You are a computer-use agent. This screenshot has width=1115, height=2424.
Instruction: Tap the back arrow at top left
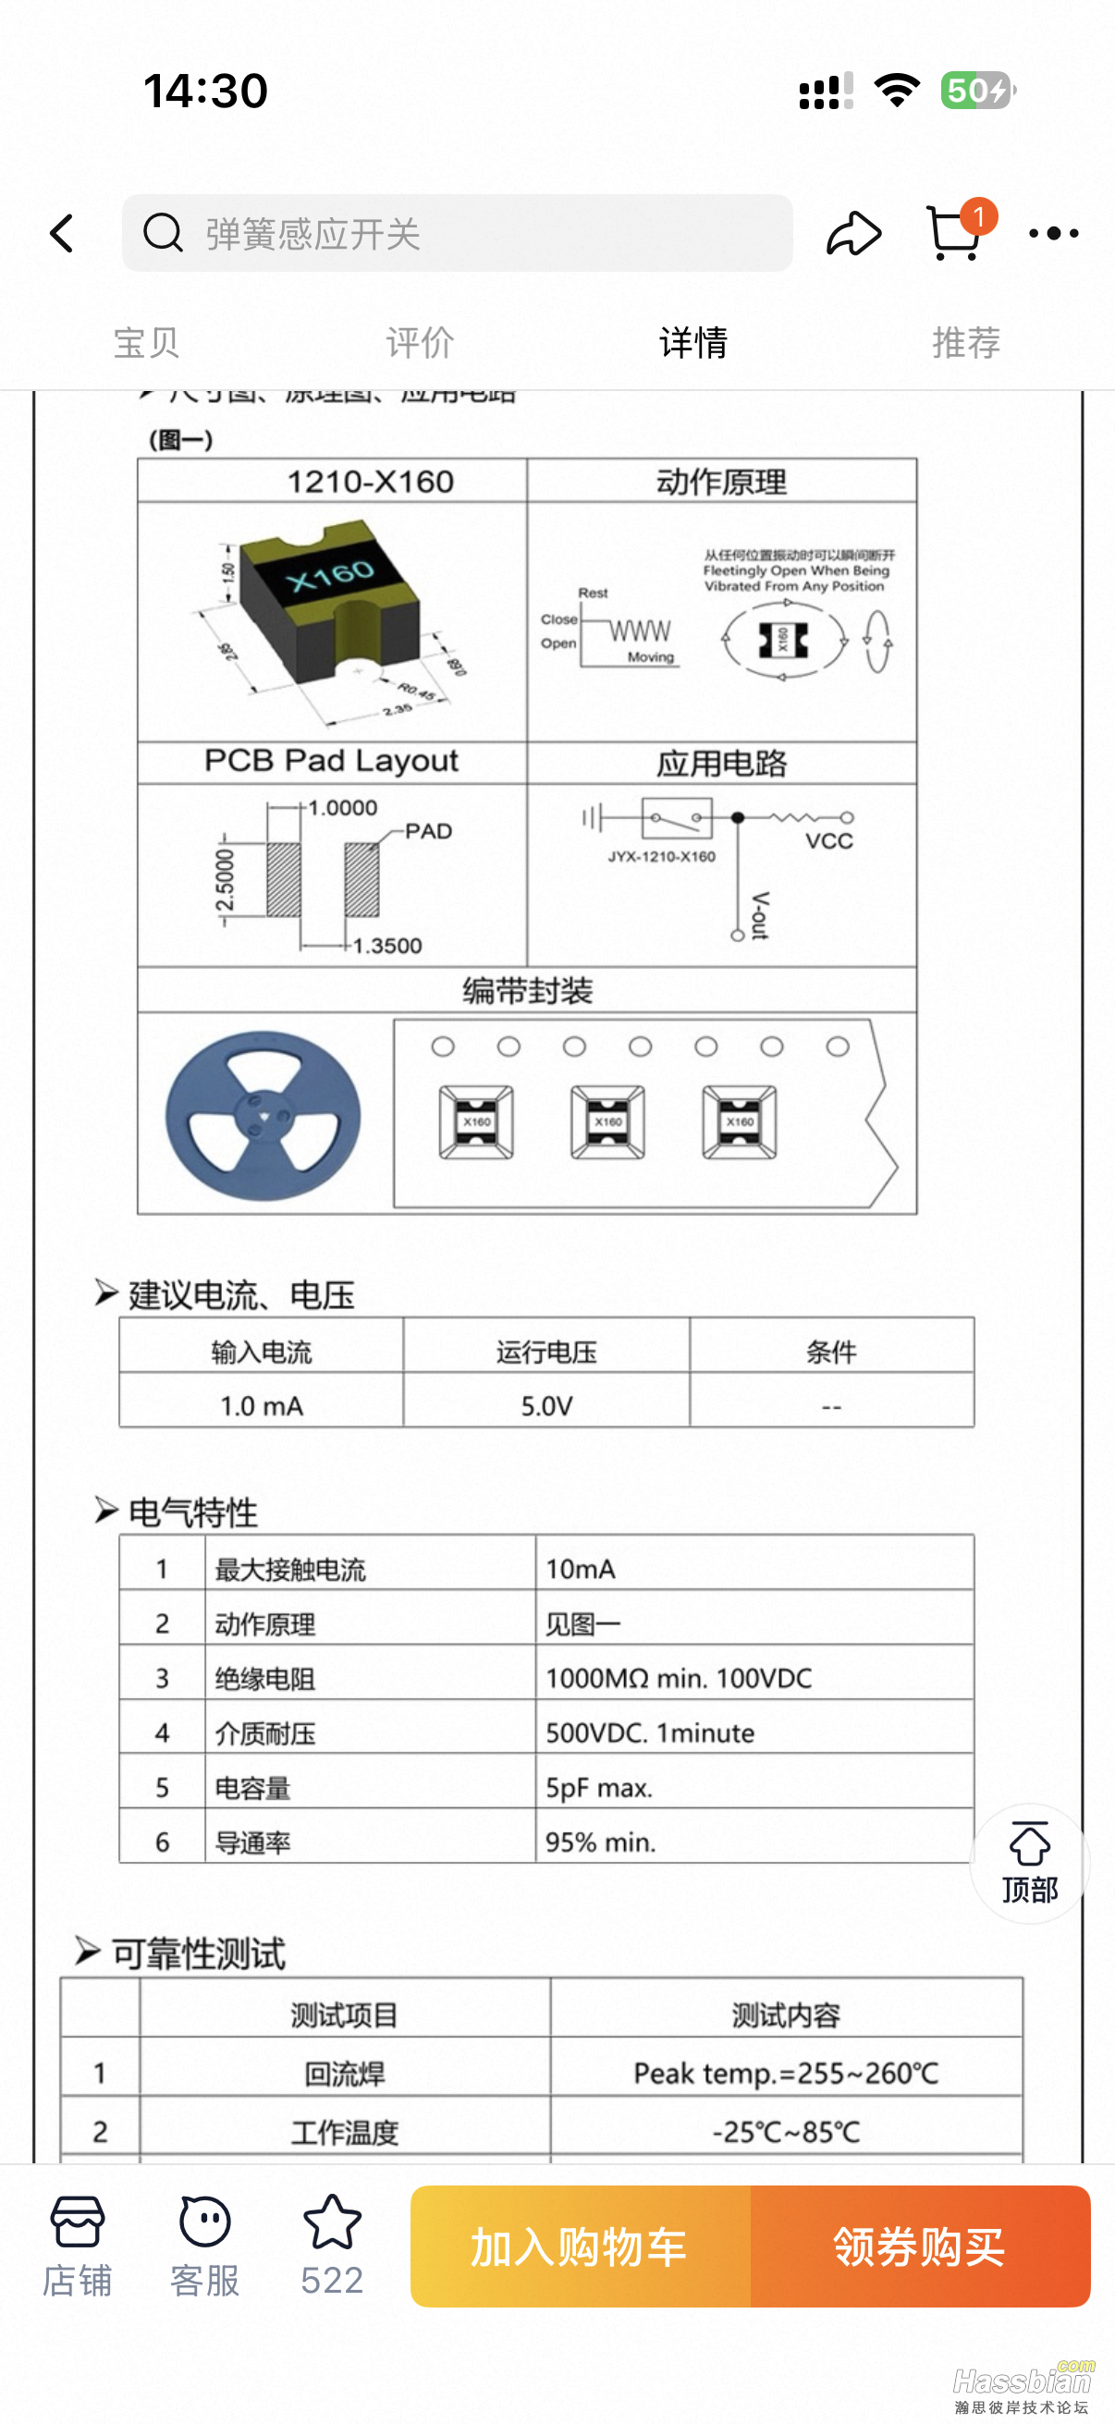[x=62, y=233]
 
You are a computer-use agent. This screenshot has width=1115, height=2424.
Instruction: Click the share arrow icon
[x=853, y=233]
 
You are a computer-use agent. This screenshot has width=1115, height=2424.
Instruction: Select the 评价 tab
[x=420, y=342]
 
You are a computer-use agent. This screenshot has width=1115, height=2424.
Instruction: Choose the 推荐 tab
[x=965, y=342]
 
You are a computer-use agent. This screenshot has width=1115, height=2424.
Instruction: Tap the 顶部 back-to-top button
[x=1029, y=1862]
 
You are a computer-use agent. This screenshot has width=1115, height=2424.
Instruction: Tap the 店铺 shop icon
[x=77, y=2245]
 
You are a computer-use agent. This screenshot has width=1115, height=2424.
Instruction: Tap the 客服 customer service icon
[x=204, y=2245]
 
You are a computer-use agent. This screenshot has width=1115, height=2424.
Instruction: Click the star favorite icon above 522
[x=332, y=2222]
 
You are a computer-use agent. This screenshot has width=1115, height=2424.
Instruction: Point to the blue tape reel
[x=263, y=1115]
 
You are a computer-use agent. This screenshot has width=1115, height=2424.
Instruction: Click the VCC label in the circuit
[x=829, y=841]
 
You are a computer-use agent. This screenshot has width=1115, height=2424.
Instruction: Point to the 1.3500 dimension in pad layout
[x=387, y=946]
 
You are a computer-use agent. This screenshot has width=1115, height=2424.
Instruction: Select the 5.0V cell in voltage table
[x=546, y=1406]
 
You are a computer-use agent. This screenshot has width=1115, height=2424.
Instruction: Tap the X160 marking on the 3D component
[x=331, y=576]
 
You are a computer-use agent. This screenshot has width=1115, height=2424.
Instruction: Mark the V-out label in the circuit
[x=760, y=914]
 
